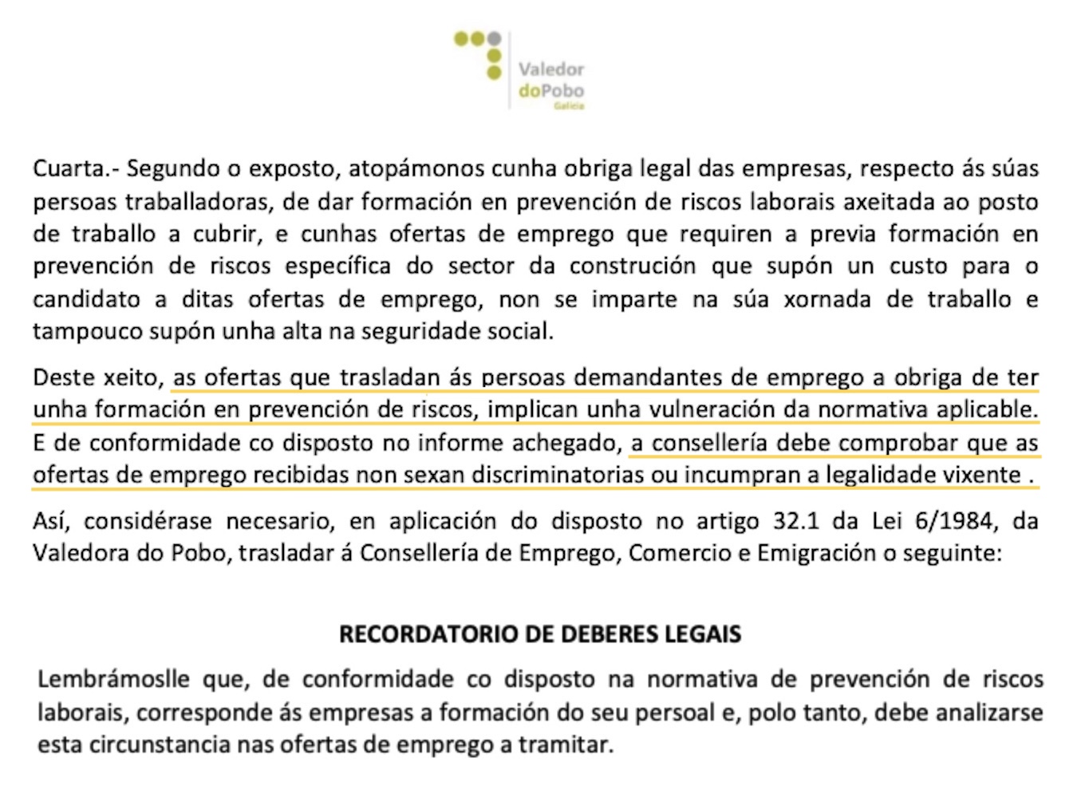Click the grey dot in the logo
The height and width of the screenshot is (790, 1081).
coord(495,38)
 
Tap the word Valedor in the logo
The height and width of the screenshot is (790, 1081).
coord(550,69)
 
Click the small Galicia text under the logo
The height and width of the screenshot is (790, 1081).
coord(574,105)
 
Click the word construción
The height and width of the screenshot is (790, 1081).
coord(629,267)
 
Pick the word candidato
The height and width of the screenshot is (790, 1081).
coord(88,299)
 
